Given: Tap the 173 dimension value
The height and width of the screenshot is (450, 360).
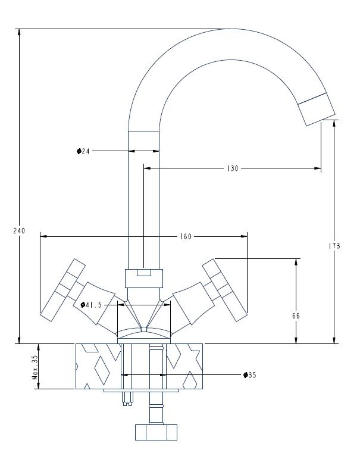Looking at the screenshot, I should [334, 245].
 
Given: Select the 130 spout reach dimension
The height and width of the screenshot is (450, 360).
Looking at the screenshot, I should [232, 168].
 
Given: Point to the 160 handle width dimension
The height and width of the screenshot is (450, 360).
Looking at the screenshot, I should [186, 236].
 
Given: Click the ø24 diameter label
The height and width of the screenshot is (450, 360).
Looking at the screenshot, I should [83, 151].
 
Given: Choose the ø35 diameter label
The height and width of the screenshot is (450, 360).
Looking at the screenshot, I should [249, 375].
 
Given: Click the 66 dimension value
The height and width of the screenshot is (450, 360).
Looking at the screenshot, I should [296, 316].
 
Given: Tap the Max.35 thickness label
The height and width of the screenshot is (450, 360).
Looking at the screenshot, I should [36, 368].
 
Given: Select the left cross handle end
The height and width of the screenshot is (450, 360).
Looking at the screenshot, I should [61, 288].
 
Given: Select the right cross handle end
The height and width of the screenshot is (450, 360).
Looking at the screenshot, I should [224, 288].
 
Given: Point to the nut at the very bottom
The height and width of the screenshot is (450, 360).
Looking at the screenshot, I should [156, 430].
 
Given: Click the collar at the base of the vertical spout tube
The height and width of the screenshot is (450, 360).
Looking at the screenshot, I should [144, 277].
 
